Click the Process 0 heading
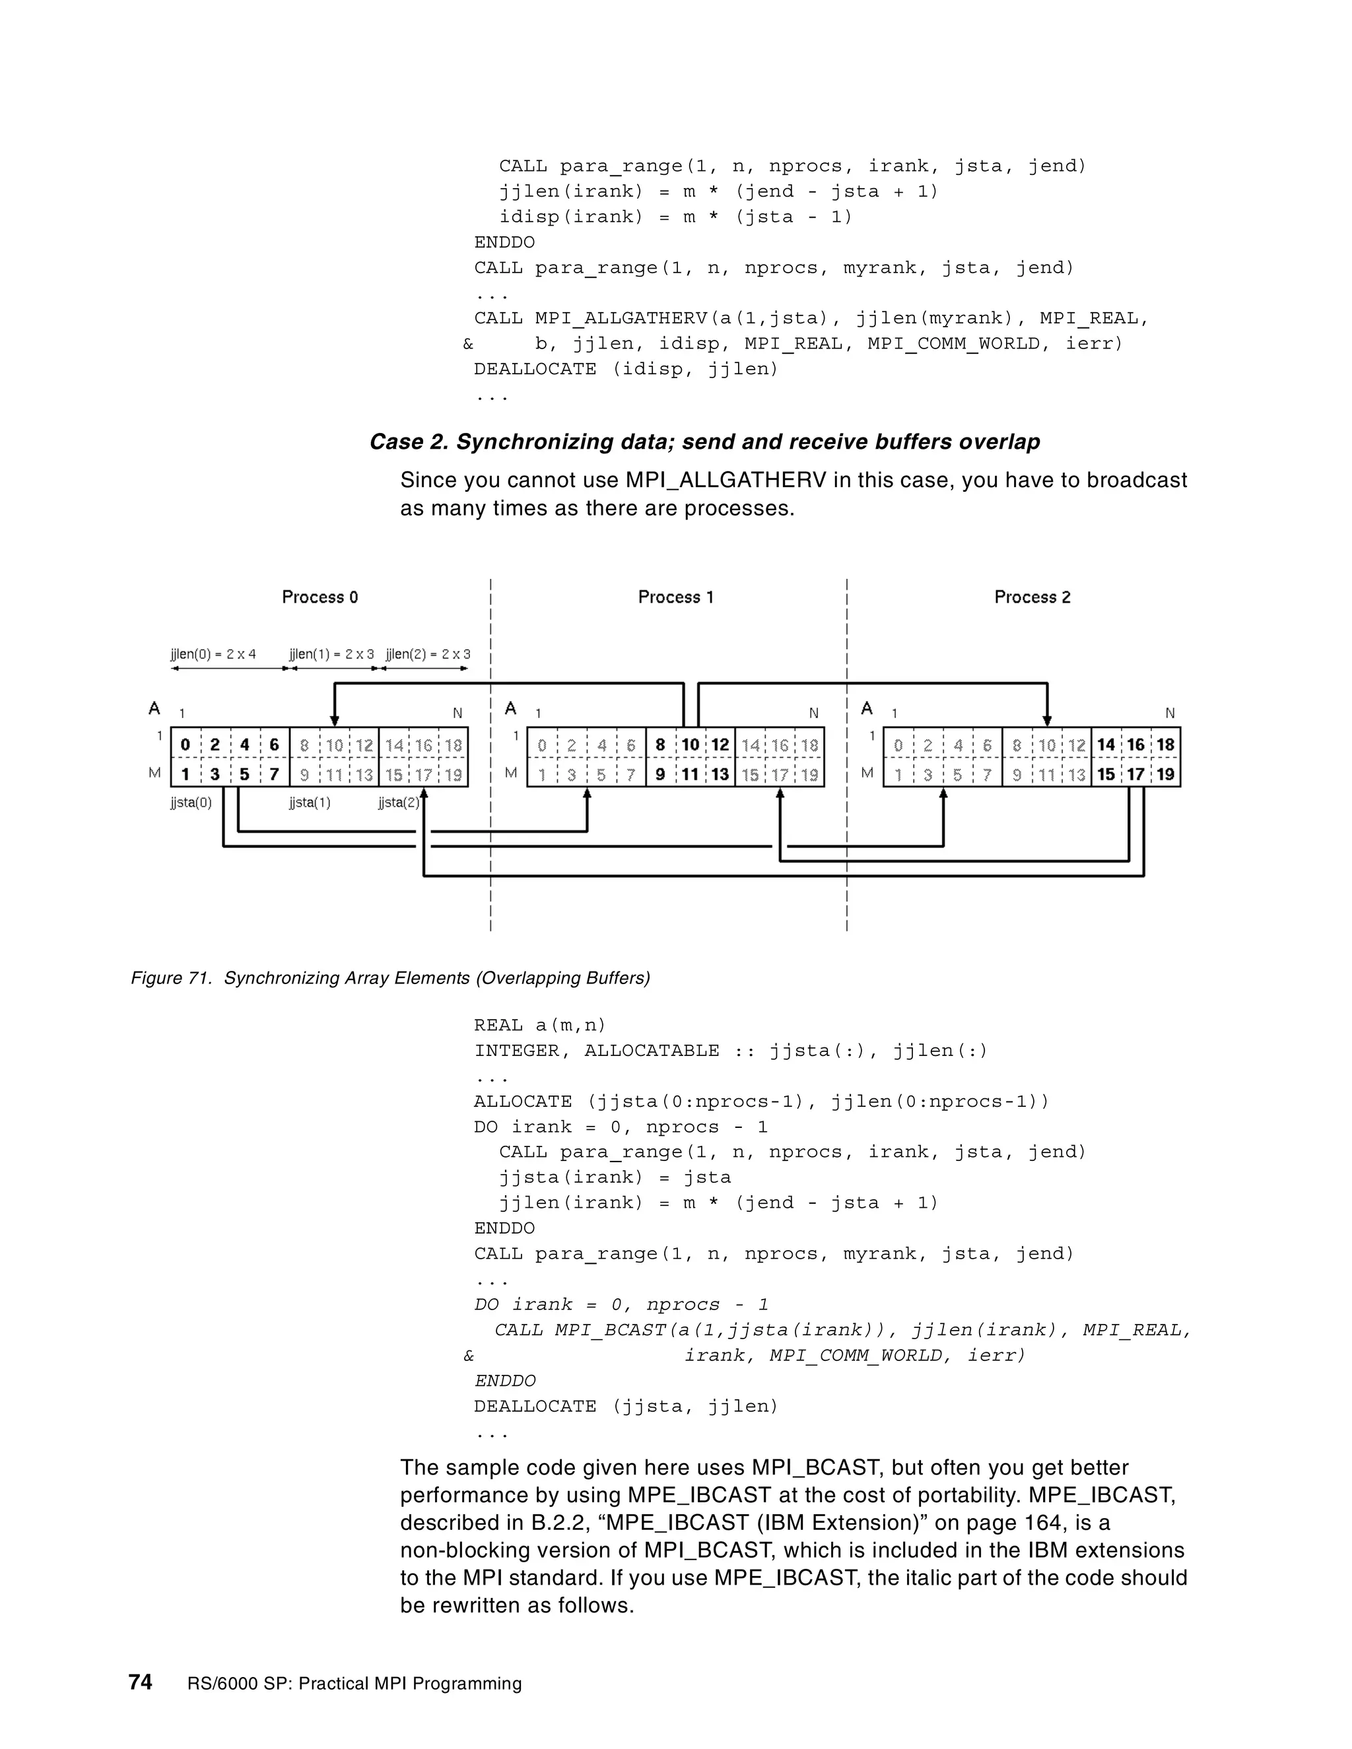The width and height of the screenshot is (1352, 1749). (320, 597)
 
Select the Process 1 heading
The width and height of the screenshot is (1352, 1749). (675, 597)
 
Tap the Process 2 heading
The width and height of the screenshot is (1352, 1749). (1032, 597)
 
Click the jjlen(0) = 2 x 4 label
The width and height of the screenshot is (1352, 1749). (213, 654)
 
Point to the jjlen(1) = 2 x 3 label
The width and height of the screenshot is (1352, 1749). (331, 654)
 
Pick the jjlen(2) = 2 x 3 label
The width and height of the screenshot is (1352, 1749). (428, 654)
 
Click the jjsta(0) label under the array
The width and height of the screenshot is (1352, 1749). (191, 803)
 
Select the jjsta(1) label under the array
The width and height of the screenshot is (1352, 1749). (309, 803)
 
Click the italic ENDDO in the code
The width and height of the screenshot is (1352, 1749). (504, 1381)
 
